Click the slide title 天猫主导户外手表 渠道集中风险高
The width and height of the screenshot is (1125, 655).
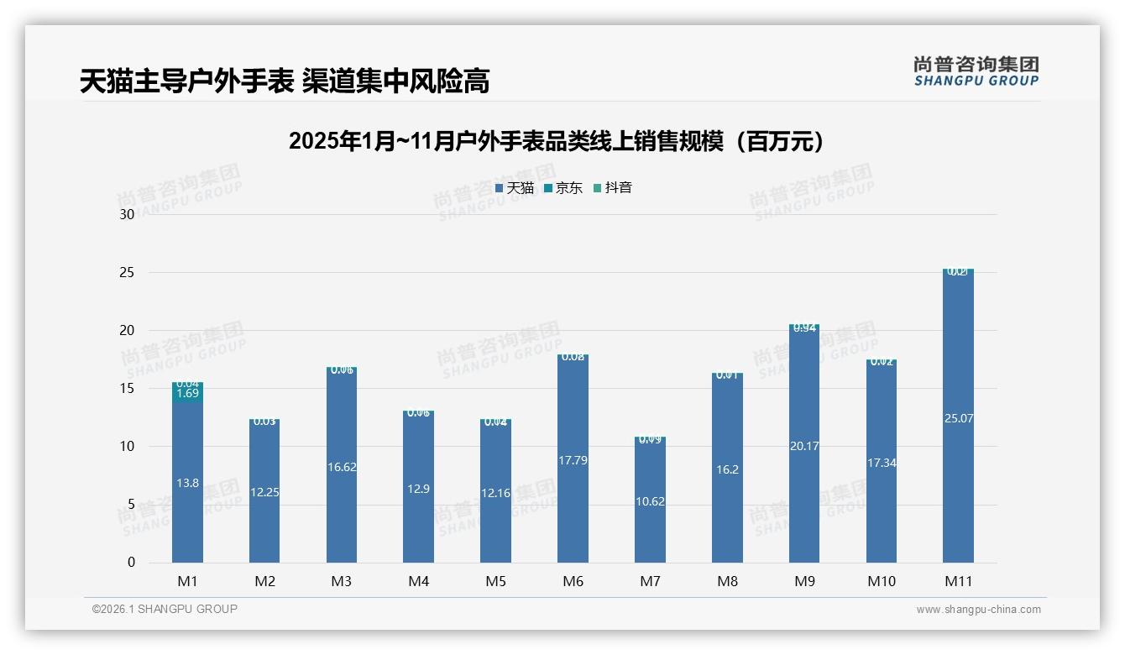tap(284, 81)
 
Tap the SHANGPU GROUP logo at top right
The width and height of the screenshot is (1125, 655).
tap(976, 71)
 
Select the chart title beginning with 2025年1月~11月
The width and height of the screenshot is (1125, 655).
tap(556, 141)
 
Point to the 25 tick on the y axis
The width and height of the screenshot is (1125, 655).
tap(127, 273)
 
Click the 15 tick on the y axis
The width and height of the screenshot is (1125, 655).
tap(127, 389)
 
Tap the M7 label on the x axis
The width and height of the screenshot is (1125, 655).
tap(650, 581)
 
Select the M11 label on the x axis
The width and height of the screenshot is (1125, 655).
tap(958, 581)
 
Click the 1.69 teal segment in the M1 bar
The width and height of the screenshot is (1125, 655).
tap(187, 394)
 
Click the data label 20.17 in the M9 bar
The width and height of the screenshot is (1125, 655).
tap(804, 446)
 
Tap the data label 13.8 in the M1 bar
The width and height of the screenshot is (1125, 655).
tap(187, 483)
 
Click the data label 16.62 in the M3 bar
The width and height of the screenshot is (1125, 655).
tap(342, 467)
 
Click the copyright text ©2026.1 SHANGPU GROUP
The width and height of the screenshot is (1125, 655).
tap(165, 609)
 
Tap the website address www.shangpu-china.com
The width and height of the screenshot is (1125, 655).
tap(978, 610)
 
